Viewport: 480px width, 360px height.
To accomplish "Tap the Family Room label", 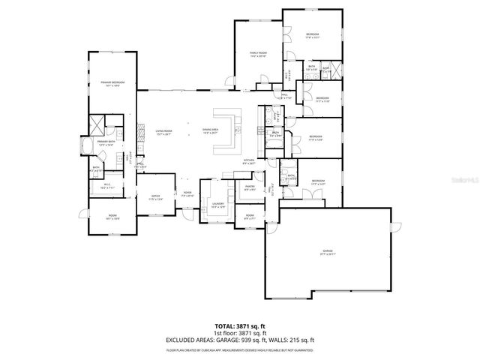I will click(259, 53).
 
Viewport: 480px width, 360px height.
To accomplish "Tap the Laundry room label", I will click(218, 204).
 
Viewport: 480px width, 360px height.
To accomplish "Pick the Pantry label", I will click(250, 188).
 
